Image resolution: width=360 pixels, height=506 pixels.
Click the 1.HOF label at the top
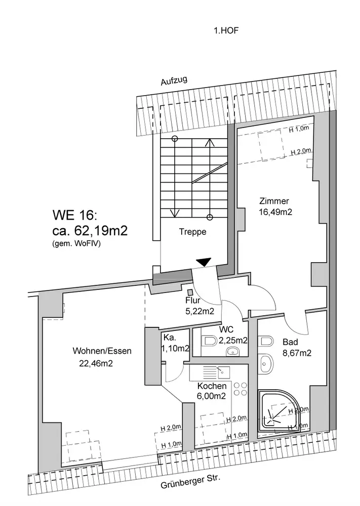click(x=225, y=31)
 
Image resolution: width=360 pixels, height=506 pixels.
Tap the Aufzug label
click(x=174, y=80)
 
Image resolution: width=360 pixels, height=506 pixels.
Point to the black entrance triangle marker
click(x=203, y=262)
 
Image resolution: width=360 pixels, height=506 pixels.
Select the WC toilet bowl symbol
click(x=207, y=342)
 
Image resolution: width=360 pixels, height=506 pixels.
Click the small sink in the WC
click(x=234, y=351)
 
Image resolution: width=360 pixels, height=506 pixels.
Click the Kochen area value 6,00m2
click(x=212, y=396)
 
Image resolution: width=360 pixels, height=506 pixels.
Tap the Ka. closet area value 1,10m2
click(x=176, y=348)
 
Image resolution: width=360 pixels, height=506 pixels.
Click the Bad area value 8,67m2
click(x=296, y=353)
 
